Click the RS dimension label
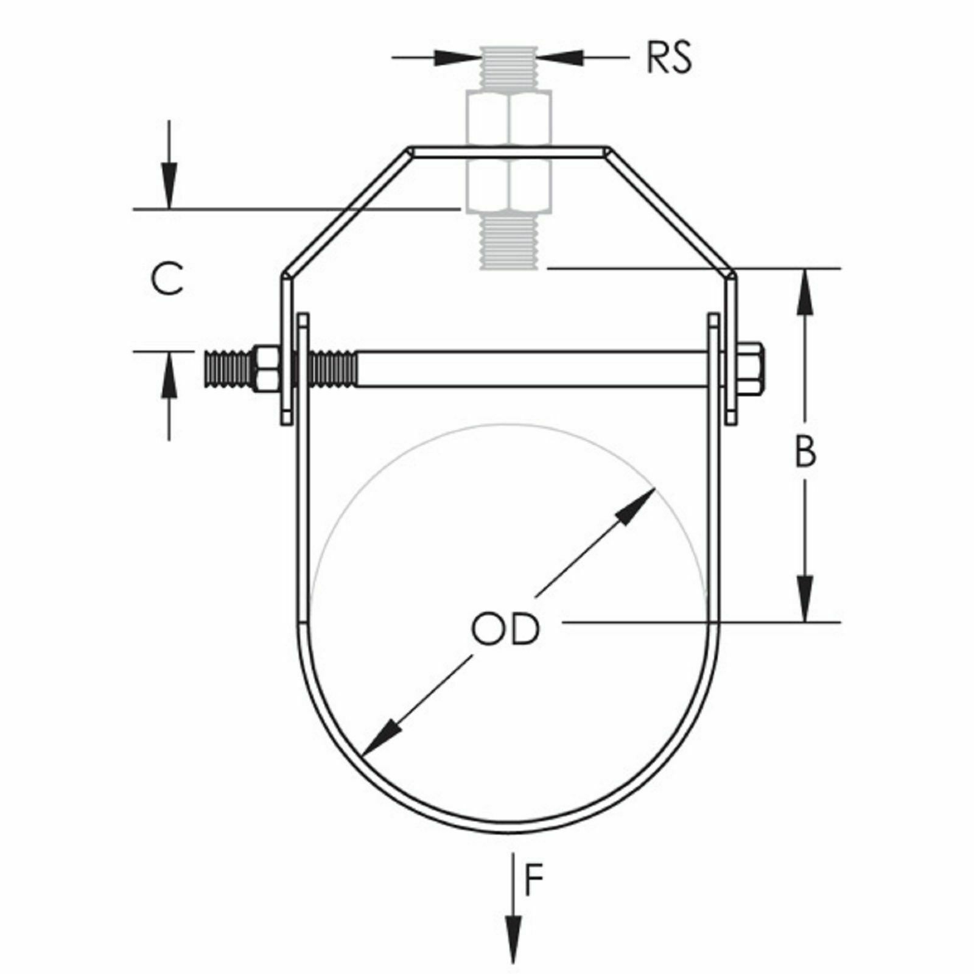pos(669,58)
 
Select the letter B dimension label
pos(805,452)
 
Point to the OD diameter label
pos(505,629)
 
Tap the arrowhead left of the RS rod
pos(457,58)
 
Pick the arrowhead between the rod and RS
pos(561,58)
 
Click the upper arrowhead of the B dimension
pos(805,294)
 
